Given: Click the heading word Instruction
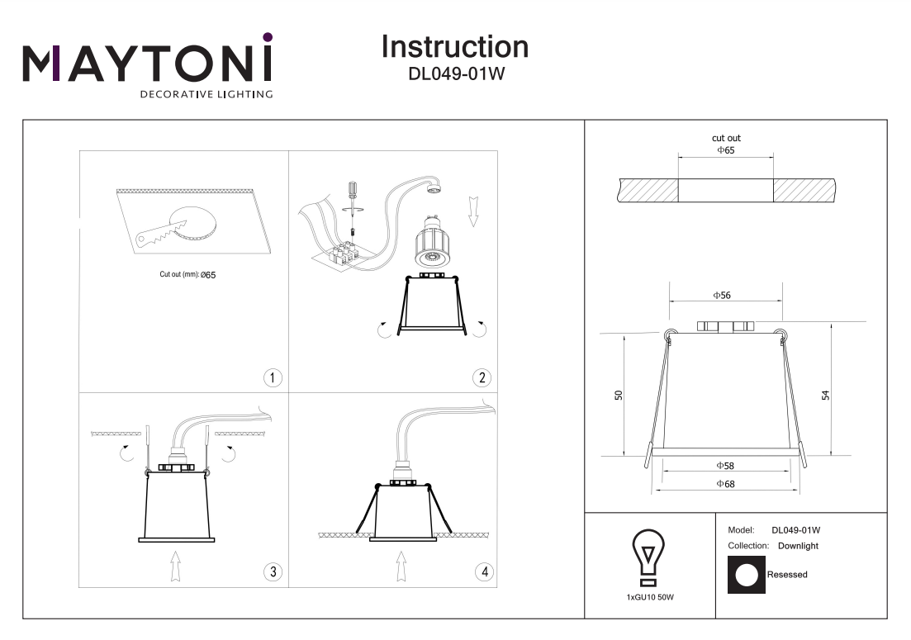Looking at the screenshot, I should coord(454,46).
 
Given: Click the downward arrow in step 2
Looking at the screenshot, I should coord(473,211).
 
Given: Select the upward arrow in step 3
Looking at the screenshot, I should coord(175,567).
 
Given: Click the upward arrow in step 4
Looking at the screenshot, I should coord(401,567).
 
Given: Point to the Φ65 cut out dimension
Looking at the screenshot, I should coord(725,150).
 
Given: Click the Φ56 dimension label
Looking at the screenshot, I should coord(723,295).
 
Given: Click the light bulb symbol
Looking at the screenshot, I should coord(649,553).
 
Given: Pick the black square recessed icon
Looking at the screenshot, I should coord(746,575).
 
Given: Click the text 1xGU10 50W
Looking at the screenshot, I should coord(649,595).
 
